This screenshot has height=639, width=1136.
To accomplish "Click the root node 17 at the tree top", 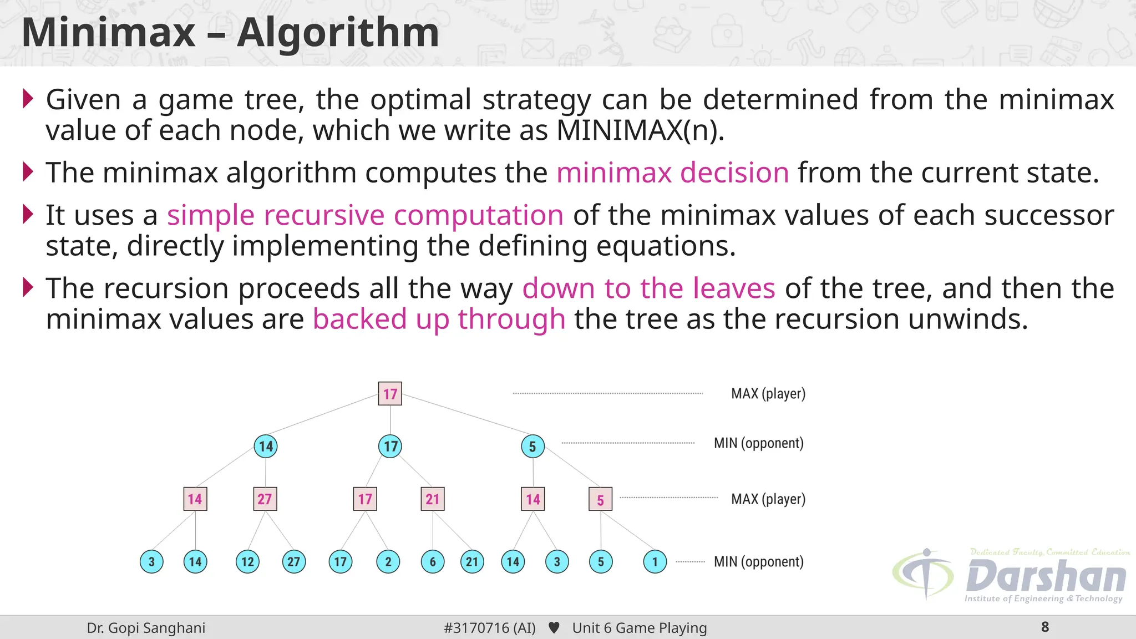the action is [390, 394].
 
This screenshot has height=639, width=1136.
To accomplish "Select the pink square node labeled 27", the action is [265, 499].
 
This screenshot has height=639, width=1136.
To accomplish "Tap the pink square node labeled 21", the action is [433, 499].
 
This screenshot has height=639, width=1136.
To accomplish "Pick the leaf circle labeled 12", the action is [247, 562].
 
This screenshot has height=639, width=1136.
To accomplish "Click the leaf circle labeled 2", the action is [388, 562].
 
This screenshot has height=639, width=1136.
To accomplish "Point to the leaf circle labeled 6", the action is [433, 562].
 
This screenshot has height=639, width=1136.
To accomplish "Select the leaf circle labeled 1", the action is [655, 562].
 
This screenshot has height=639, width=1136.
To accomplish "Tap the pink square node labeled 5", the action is [600, 500].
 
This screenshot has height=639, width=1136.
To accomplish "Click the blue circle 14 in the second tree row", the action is [266, 447].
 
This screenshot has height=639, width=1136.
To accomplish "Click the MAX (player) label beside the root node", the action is [768, 394].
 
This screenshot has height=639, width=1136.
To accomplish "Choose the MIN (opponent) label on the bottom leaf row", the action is [758, 562].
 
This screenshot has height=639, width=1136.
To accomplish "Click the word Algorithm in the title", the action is [338, 33].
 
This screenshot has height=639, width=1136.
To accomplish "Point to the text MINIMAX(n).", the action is [640, 131].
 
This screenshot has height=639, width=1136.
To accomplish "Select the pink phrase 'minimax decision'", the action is [672, 173].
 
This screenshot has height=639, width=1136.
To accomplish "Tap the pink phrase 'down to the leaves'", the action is [648, 289].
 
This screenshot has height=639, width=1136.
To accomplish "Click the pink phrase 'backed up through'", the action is [439, 319].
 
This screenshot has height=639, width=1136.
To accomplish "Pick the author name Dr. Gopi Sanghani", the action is [146, 628].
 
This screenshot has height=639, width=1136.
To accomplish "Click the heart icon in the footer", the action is [554, 628].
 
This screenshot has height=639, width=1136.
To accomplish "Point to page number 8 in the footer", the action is [1045, 627].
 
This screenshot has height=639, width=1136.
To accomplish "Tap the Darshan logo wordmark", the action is [1046, 577].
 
